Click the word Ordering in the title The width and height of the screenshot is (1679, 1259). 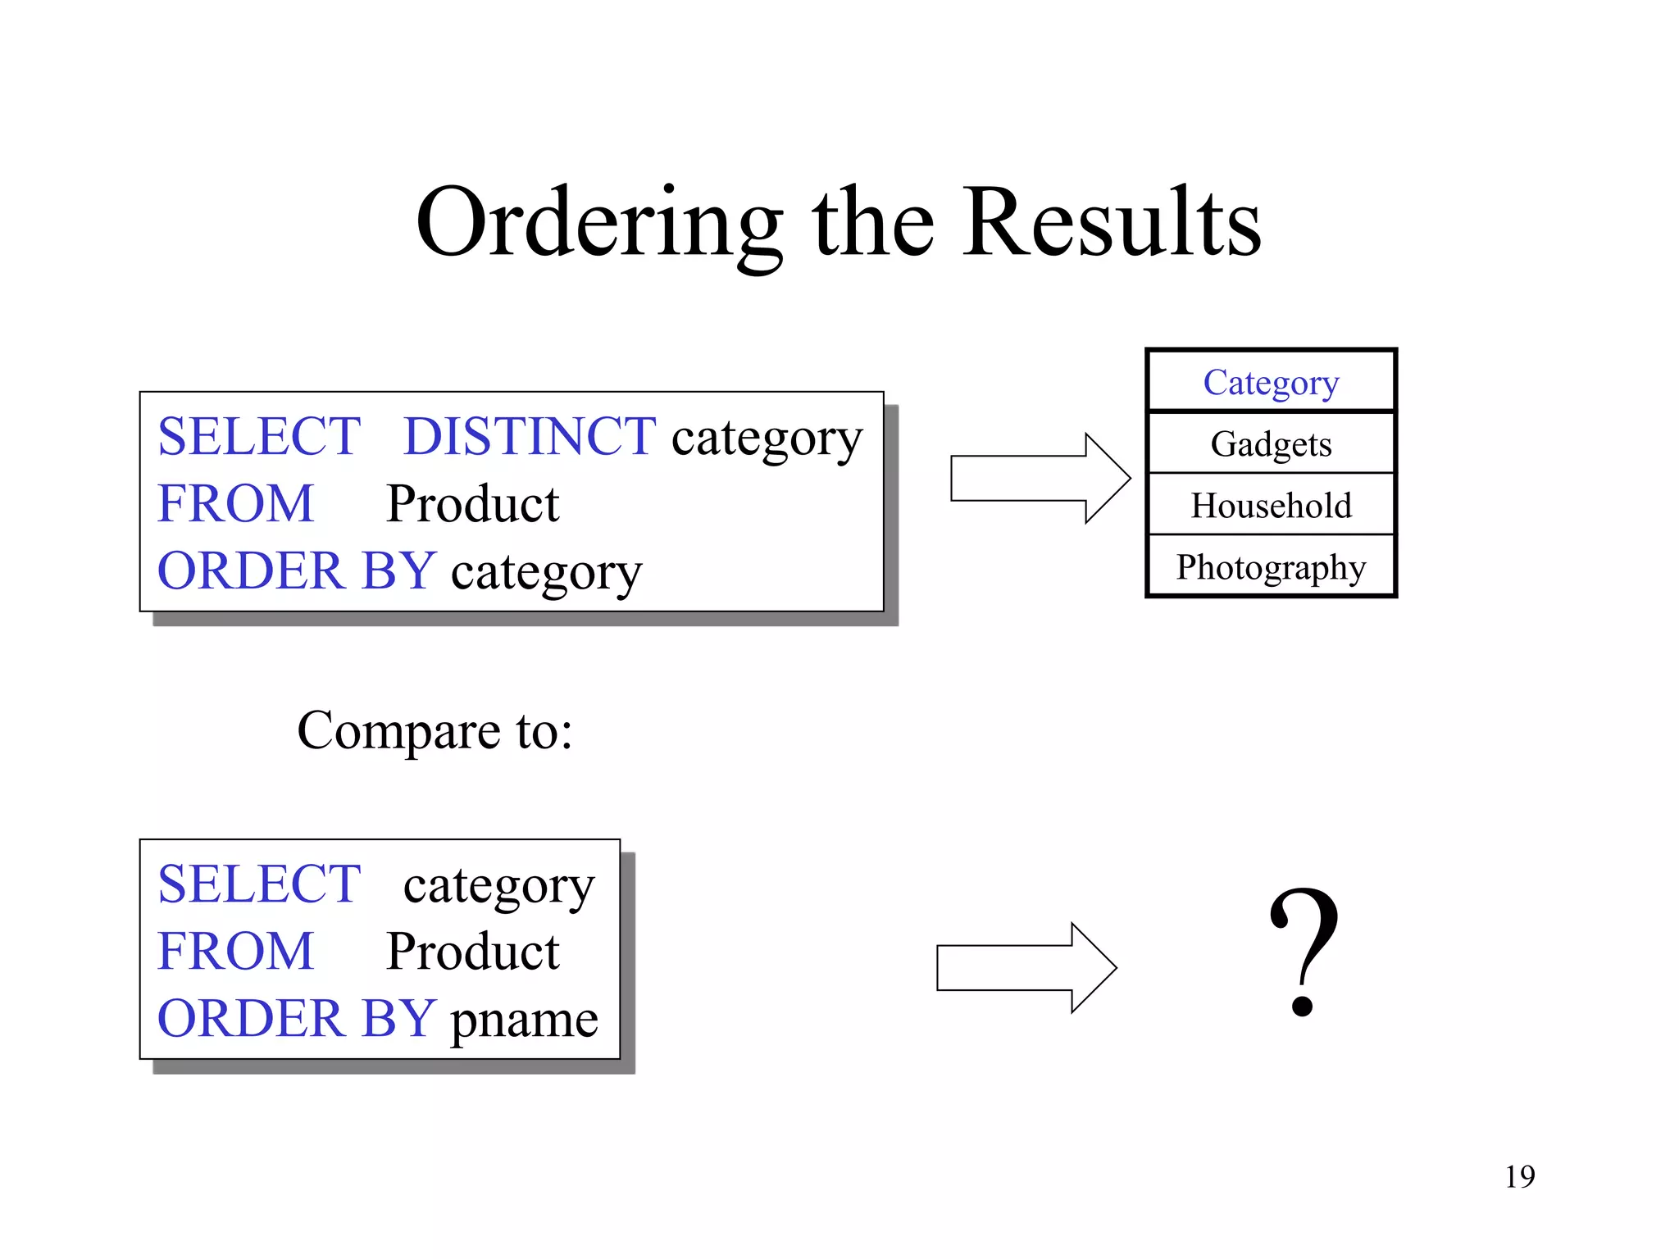pyautogui.click(x=598, y=223)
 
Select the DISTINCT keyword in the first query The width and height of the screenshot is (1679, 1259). pyautogui.click(x=530, y=436)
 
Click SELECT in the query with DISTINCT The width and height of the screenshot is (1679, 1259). pyautogui.click(x=259, y=436)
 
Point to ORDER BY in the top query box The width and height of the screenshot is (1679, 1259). pyautogui.click(x=296, y=570)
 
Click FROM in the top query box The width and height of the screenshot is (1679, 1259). pyautogui.click(x=236, y=503)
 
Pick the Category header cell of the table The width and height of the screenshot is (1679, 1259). pyautogui.click(x=1271, y=382)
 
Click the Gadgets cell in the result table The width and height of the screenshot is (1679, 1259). pyautogui.click(x=1271, y=443)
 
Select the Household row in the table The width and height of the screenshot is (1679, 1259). pyautogui.click(x=1271, y=505)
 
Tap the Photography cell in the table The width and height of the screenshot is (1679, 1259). pyautogui.click(x=1271, y=566)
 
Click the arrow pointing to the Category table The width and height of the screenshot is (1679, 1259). pyautogui.click(x=1040, y=478)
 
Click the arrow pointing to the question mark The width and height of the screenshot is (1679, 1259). pyautogui.click(x=1026, y=967)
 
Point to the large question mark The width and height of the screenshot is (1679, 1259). pyautogui.click(x=1304, y=951)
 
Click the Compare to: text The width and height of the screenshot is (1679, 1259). pyautogui.click(x=435, y=730)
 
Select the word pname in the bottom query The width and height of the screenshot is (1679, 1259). pyautogui.click(x=525, y=1020)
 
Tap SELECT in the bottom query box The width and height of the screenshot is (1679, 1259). pyautogui.click(x=259, y=884)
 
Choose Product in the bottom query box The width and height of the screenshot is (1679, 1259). pyautogui.click(x=473, y=952)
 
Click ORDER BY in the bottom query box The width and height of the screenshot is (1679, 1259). pyautogui.click(x=296, y=1019)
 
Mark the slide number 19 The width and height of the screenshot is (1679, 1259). pyautogui.click(x=1519, y=1176)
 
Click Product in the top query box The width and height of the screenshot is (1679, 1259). pyautogui.click(x=473, y=503)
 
